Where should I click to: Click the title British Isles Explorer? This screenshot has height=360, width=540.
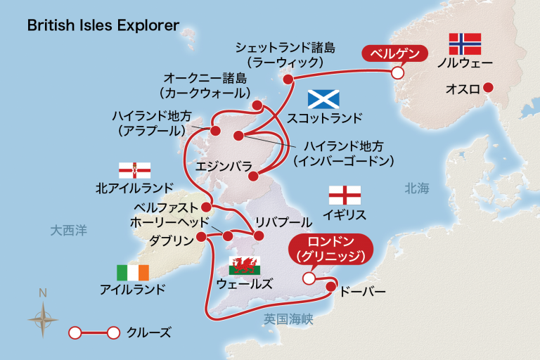[x=103, y=25]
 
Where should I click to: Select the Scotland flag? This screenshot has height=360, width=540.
[x=323, y=99]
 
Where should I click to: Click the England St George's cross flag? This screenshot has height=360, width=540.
[x=345, y=195]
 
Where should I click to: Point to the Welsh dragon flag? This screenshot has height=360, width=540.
[x=245, y=266]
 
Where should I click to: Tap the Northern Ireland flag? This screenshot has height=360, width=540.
[x=134, y=171]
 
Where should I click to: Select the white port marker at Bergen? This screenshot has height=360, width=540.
[x=397, y=72]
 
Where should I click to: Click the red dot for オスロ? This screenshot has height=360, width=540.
[x=489, y=88]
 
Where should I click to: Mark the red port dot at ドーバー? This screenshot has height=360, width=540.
[x=331, y=286]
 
